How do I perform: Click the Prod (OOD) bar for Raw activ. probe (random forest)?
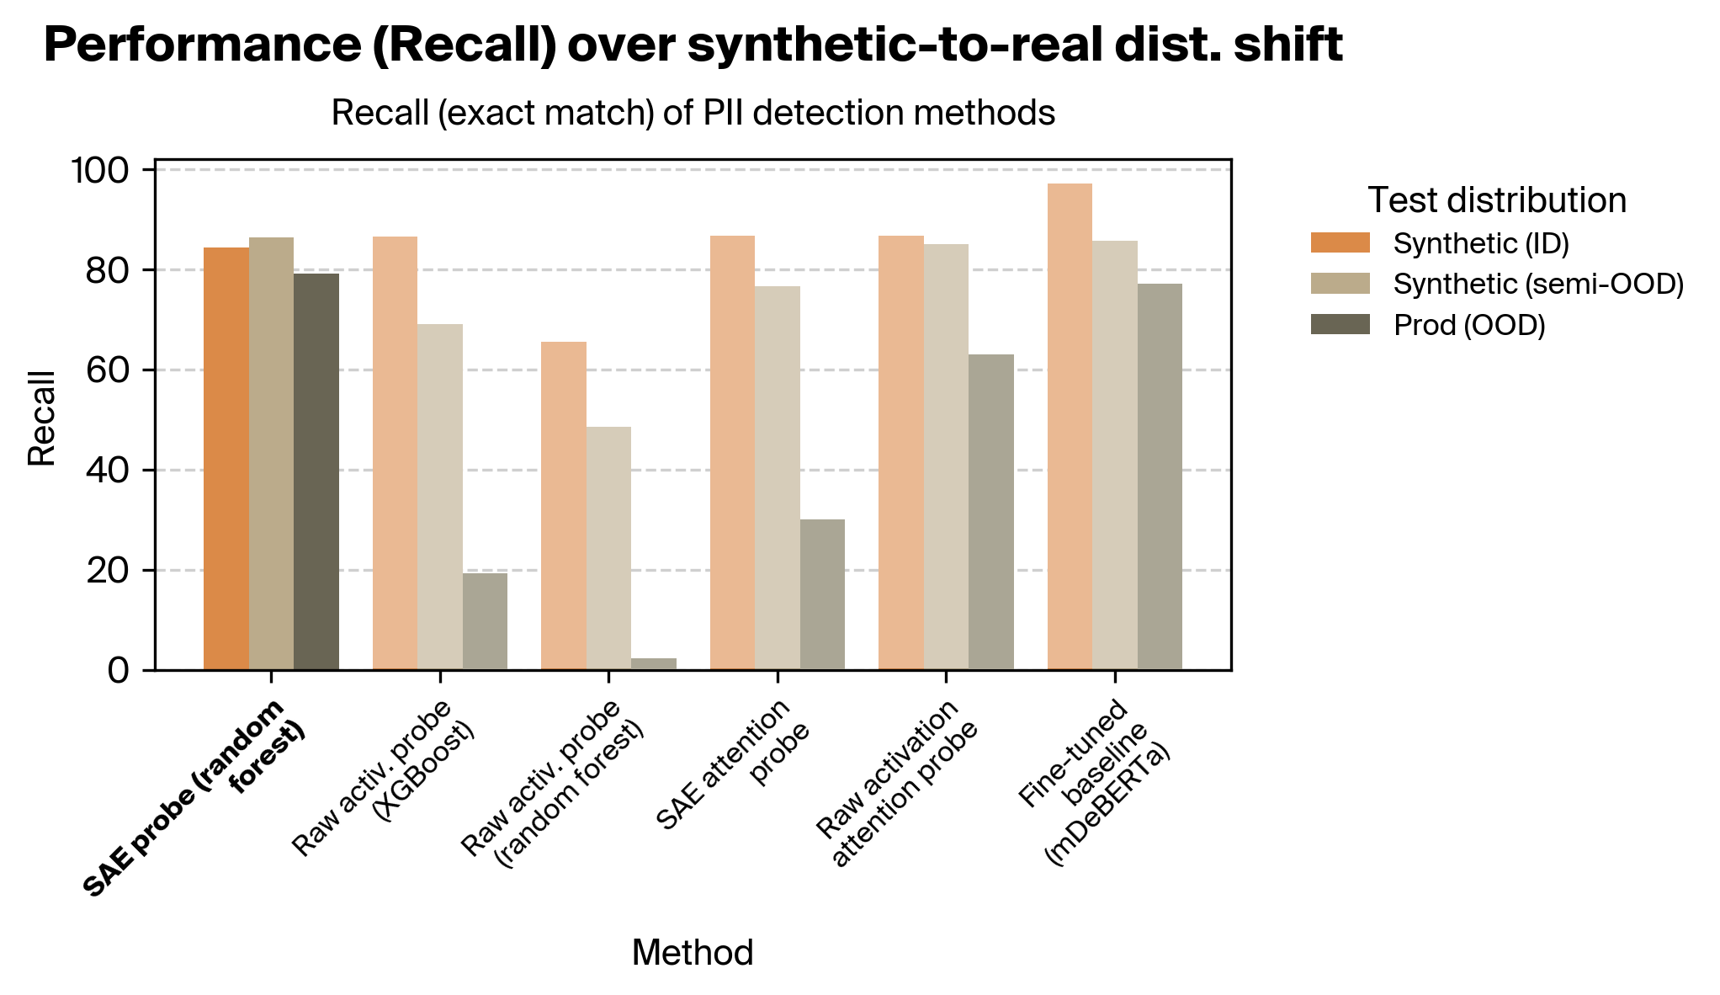point(653,664)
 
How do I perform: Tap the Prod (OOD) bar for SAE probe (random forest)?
point(316,471)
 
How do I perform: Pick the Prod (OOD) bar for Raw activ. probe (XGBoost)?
point(485,621)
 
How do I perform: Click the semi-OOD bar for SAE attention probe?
point(778,478)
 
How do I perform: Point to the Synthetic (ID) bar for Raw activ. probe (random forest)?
point(564,506)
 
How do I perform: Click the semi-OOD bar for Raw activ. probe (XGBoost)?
point(440,497)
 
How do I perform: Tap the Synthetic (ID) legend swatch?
point(1340,243)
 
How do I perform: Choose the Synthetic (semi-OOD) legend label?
point(1538,285)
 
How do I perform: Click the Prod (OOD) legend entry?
point(1468,325)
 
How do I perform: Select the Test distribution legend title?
point(1496,200)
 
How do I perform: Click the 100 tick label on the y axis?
point(99,170)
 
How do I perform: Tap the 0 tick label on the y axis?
point(119,671)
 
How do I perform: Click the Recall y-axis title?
point(41,418)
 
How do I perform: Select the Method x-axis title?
point(692,953)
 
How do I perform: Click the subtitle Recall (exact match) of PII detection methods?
point(693,113)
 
